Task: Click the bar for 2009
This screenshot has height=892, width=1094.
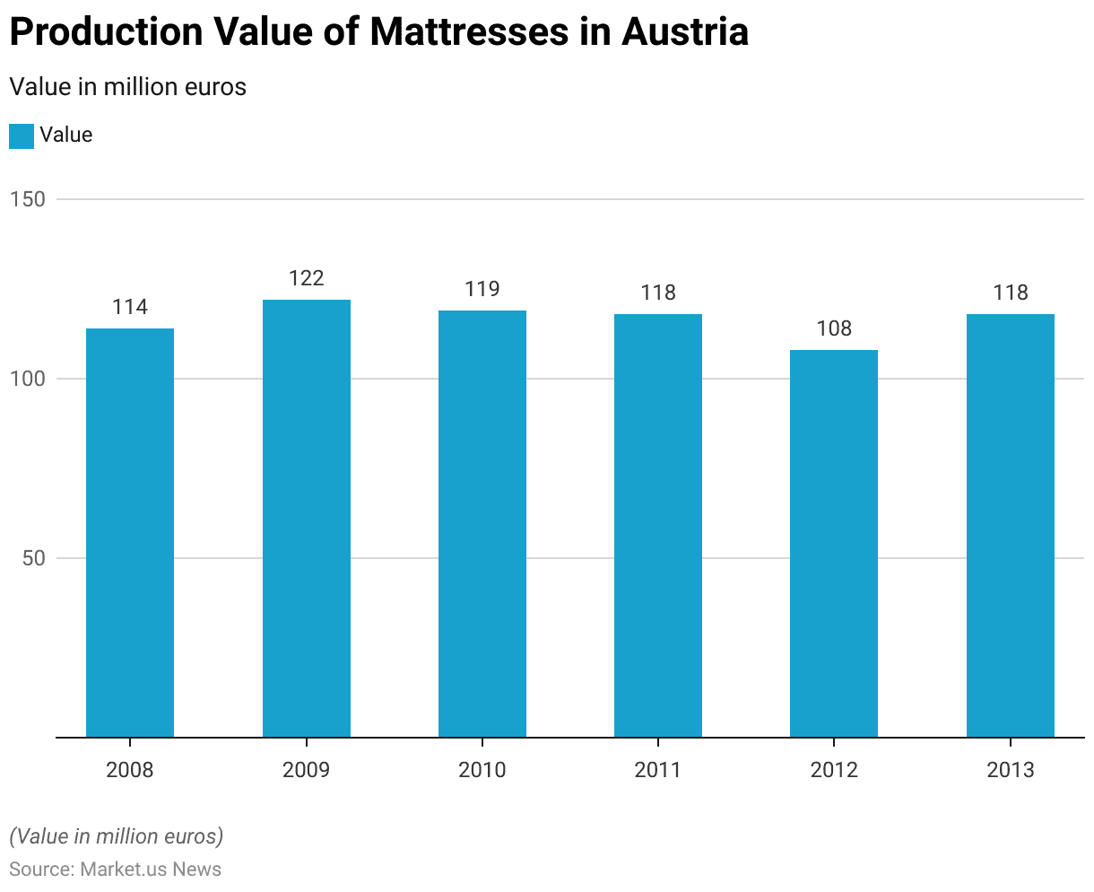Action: [x=307, y=518]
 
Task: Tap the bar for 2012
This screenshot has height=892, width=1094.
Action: [x=834, y=543]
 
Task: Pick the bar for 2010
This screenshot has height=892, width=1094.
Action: [x=482, y=523]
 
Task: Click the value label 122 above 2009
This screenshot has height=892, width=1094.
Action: [x=307, y=278]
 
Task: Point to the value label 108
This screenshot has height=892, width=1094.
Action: [x=834, y=328]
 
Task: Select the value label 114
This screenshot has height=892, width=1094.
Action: [x=130, y=307]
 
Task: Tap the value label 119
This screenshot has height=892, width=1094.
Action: [x=482, y=289]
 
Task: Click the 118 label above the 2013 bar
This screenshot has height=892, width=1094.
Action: [x=1011, y=293]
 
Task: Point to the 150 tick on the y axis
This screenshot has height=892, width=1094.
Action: [x=28, y=199]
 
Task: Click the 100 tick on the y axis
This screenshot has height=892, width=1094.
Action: [x=28, y=379]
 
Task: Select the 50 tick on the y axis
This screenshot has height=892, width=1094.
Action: [x=33, y=558]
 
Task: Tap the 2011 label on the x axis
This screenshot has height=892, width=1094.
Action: [x=658, y=770]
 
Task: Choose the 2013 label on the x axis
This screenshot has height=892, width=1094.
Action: [x=1011, y=770]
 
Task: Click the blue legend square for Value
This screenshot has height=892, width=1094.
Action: [x=22, y=136]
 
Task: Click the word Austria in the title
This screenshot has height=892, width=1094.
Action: [x=685, y=32]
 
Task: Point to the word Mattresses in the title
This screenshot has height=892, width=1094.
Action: [x=469, y=32]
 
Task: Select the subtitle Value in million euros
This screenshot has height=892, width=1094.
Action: [x=127, y=87]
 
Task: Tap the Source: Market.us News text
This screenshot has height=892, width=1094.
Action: [x=115, y=869]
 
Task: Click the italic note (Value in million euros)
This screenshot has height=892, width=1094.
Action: [x=116, y=836]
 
